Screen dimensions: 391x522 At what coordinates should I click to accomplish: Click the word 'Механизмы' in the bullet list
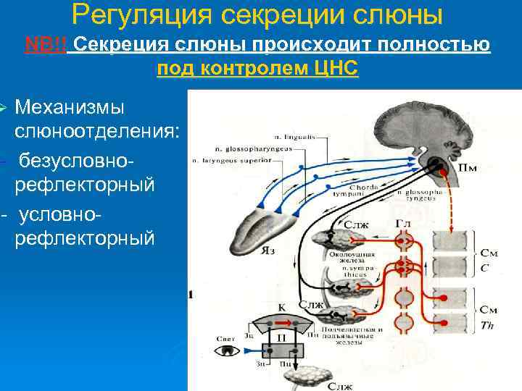tap(70, 108)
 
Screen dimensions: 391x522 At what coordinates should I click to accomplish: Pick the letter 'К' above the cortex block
tap(281, 306)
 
